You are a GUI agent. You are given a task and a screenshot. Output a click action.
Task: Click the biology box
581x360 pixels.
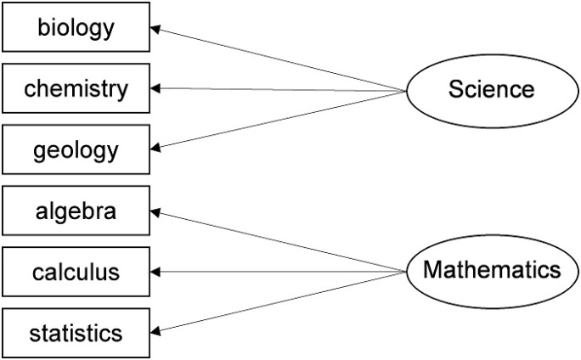coord(76,26)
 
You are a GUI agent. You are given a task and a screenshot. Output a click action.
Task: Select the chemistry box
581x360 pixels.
coord(76,88)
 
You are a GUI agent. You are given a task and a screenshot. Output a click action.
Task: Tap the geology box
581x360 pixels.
coord(76,149)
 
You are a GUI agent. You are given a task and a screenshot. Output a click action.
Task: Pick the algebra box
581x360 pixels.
coord(76,211)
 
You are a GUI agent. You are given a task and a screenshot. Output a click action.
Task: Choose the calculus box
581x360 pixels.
coord(76,272)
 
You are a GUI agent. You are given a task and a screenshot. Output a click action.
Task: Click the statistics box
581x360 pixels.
coord(76,333)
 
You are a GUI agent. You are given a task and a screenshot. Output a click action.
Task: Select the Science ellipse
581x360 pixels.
coord(493,91)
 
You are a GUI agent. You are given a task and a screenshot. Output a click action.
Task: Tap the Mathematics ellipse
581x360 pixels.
coord(493,272)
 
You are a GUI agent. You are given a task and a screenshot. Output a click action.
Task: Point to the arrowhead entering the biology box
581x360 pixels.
coord(155,29)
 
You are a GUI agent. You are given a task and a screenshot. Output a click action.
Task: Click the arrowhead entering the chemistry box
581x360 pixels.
coord(155,88)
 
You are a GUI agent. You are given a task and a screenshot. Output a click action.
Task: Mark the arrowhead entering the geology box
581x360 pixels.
coord(155,148)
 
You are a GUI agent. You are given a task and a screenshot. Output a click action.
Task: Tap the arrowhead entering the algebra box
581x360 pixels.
coord(155,212)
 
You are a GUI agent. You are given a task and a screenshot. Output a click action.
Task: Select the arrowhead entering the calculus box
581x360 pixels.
coord(155,272)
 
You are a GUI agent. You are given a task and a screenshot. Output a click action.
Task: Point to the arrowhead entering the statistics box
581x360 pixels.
coord(155,331)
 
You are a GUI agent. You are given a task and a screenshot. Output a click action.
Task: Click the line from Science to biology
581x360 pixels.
coord(279,59)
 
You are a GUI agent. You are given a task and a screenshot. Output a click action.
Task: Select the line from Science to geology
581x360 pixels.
coord(279,119)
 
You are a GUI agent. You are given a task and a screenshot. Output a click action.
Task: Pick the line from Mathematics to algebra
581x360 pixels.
coord(279,242)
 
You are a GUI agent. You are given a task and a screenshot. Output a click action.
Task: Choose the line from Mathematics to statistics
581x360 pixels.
coord(279,302)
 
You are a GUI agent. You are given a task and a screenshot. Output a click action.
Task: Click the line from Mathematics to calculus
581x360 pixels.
coord(279,272)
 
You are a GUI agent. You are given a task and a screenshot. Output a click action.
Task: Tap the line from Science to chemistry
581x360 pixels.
coord(279,90)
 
